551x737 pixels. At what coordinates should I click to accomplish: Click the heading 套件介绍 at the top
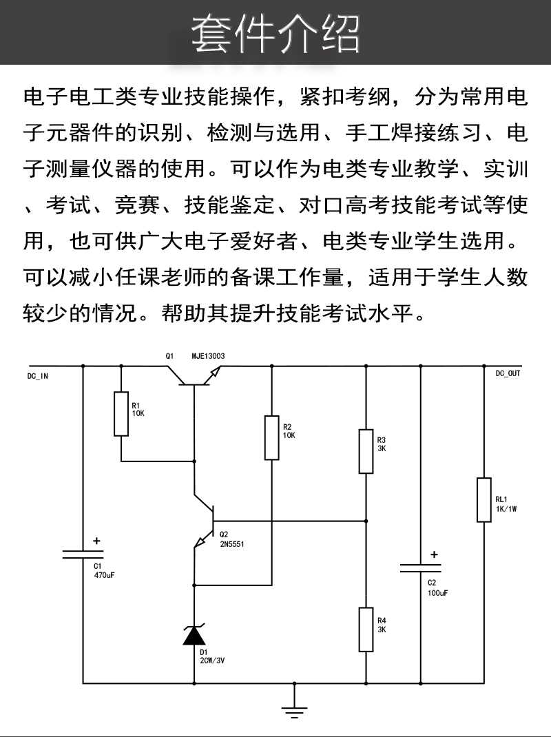pyautogui.click(x=275, y=33)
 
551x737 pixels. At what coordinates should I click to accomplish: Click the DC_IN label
pyautogui.click(x=38, y=376)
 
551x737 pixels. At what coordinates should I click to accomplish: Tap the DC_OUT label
pyautogui.click(x=508, y=373)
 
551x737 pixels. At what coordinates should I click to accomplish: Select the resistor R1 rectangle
pyautogui.click(x=121, y=414)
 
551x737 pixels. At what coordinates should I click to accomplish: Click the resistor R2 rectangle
pyautogui.click(x=272, y=437)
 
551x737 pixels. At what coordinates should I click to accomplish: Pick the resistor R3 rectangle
pyautogui.click(x=366, y=451)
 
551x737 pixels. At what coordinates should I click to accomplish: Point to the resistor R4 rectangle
pyautogui.click(x=366, y=630)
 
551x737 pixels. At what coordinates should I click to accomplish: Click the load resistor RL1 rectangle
pyautogui.click(x=484, y=499)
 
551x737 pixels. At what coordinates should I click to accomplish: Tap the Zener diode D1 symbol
pyautogui.click(x=194, y=634)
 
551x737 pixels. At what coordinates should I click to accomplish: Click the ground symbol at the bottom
pyautogui.click(x=295, y=709)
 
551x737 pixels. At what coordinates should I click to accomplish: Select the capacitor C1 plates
pyautogui.click(x=83, y=554)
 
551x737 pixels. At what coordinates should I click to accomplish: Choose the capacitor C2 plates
pyautogui.click(x=421, y=568)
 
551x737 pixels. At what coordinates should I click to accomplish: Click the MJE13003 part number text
pyautogui.click(x=208, y=356)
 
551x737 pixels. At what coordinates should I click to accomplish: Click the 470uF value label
pyautogui.click(x=103, y=574)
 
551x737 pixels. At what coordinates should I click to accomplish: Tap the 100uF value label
pyautogui.click(x=437, y=592)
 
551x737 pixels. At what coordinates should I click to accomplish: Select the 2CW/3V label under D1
pyautogui.click(x=213, y=660)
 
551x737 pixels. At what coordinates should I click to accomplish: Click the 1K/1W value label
pyautogui.click(x=506, y=509)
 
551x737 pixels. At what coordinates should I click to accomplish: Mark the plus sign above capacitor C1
pyautogui.click(x=96, y=541)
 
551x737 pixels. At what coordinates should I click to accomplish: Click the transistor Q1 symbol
pyautogui.click(x=195, y=376)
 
